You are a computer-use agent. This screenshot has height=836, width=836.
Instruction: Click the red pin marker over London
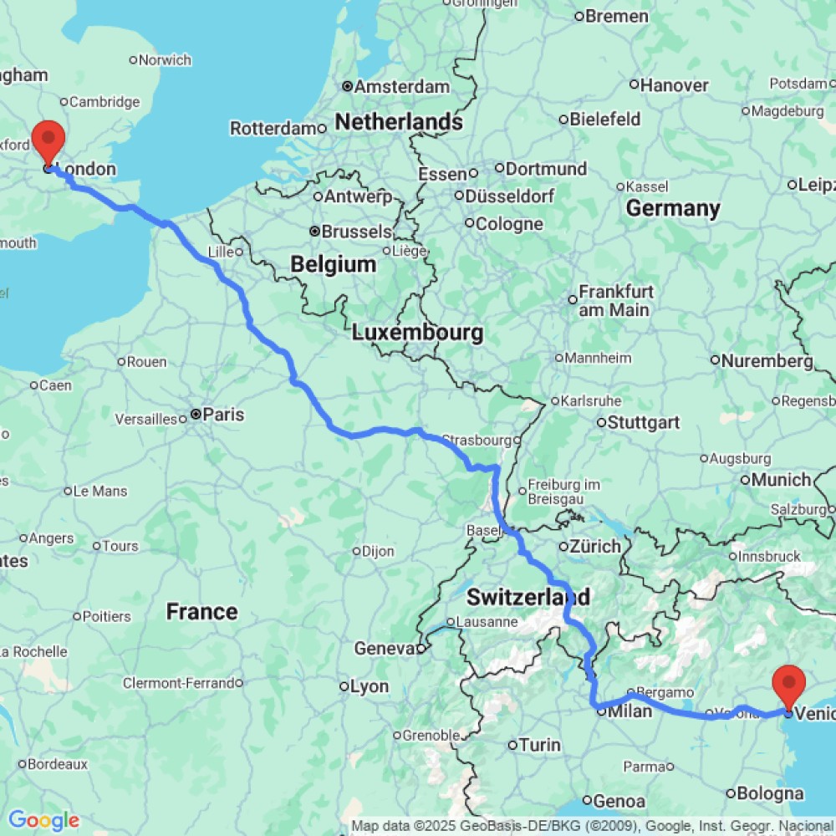48,140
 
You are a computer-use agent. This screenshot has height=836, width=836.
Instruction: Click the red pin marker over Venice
788,685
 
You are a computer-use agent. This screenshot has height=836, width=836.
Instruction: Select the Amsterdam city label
402,87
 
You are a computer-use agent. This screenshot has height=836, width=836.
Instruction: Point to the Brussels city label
356,232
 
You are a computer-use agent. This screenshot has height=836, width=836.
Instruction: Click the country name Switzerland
528,598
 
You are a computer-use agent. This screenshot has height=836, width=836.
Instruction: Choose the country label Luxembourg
416,333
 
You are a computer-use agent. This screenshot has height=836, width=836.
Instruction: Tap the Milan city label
630,711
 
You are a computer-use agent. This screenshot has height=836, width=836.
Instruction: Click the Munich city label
781,480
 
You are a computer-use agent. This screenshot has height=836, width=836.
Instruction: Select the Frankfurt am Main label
616,301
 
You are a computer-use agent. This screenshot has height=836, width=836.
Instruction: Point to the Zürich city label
594,547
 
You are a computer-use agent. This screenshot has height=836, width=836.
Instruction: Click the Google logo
43,820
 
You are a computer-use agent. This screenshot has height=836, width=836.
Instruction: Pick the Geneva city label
384,649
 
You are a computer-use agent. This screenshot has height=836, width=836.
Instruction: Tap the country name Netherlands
399,122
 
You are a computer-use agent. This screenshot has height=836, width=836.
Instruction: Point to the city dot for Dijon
356,551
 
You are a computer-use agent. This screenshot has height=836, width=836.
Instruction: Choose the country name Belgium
333,265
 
